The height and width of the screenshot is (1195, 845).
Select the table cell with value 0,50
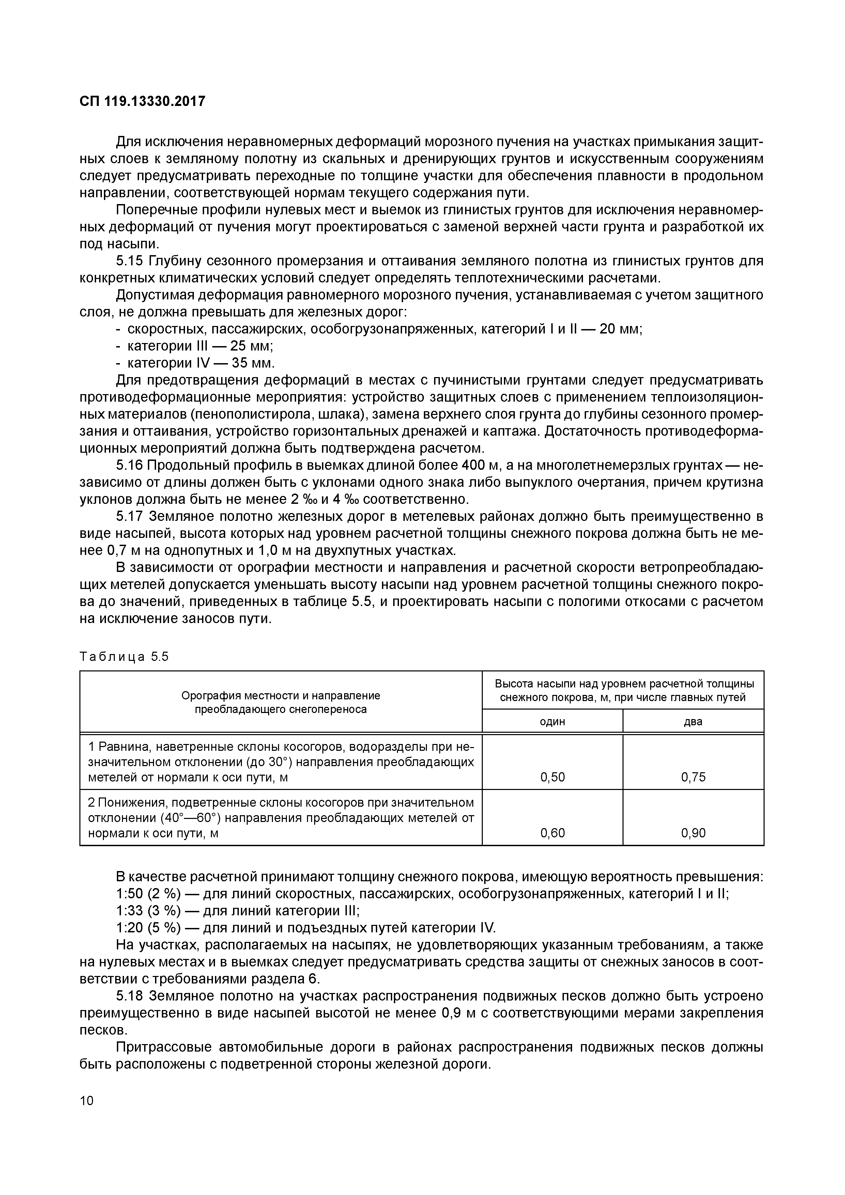pos(552,777)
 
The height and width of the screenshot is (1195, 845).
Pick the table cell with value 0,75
pos(693,777)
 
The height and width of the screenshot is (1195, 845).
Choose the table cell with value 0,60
pos(552,833)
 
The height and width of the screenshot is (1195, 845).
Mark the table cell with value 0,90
pos(693,833)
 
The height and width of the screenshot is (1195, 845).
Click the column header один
pos(552,721)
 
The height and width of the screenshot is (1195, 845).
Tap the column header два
pos(693,721)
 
